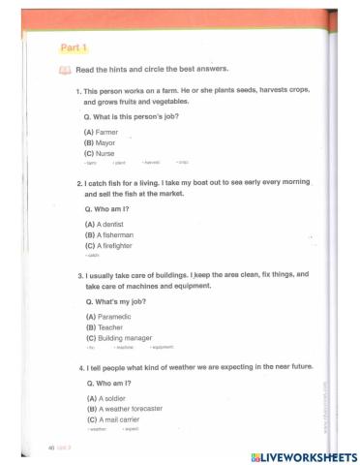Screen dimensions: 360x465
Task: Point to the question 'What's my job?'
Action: click(x=117, y=301)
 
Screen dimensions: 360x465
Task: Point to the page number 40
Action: click(x=50, y=448)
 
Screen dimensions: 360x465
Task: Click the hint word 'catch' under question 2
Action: click(x=93, y=256)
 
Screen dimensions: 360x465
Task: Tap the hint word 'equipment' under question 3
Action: click(x=162, y=347)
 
